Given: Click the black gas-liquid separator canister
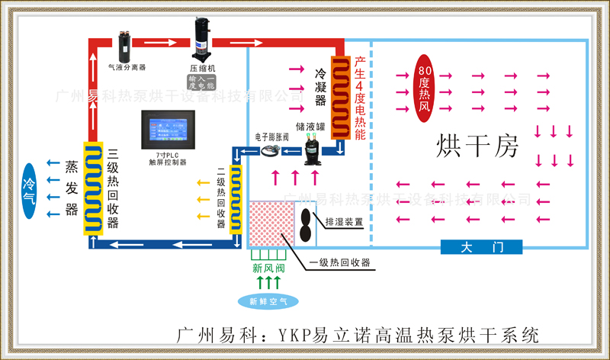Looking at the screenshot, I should click(124, 45).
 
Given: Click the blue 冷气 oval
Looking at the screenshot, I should click(29, 189).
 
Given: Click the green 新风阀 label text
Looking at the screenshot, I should click(268, 269).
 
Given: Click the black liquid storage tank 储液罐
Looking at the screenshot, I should click(313, 148).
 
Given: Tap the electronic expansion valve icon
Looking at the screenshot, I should click(270, 151).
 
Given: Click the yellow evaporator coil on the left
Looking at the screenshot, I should click(92, 188).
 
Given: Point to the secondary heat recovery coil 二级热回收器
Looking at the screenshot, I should click(237, 196).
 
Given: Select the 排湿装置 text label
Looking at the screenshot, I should click(344, 223).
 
